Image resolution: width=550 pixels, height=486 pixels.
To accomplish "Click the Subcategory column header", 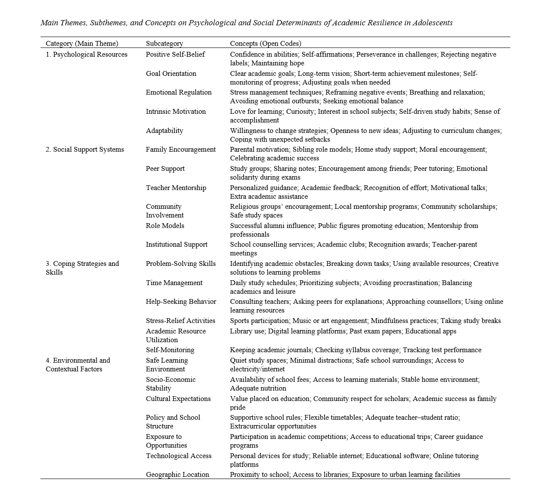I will (164, 44).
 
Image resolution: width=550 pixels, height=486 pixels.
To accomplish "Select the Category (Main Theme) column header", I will (82, 44).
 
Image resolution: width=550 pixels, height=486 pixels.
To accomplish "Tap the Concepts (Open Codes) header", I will (265, 44).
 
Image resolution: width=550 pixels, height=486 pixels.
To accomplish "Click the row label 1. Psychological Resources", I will (87, 54).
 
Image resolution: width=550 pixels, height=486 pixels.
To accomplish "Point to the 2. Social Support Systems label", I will (85, 150).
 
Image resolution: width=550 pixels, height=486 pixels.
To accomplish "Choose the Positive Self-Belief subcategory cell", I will (175, 54).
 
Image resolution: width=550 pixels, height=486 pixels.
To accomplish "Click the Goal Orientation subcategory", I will (171, 74).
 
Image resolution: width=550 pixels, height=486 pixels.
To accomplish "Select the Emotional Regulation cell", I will (179, 92).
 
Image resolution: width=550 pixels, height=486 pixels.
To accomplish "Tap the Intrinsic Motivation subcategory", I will (176, 112).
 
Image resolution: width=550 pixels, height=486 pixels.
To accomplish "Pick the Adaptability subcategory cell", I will (164, 131).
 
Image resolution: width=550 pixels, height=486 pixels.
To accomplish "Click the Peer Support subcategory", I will (165, 169).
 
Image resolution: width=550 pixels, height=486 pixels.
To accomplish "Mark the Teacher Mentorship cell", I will (176, 188).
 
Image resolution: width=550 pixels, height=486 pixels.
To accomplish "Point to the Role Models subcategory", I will (165, 226).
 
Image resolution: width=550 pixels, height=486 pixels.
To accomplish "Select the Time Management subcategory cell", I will (174, 283).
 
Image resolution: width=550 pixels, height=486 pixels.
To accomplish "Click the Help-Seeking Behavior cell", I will (181, 302).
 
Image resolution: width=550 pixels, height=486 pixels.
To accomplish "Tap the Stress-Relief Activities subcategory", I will (180, 321).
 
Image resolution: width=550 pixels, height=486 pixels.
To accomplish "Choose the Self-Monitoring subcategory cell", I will (170, 350).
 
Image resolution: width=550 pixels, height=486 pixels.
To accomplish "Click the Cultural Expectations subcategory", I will (178, 399).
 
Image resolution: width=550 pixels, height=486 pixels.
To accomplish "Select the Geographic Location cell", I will (177, 475).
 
